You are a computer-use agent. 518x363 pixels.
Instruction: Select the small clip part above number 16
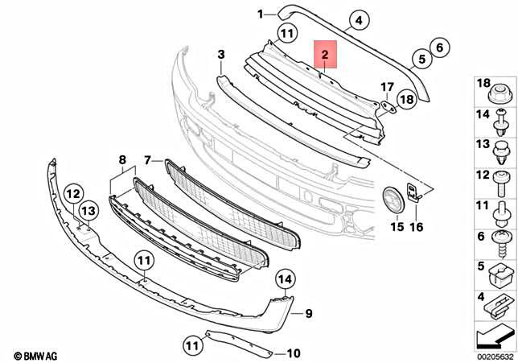click(413, 192)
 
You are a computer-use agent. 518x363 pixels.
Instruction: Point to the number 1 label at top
click(261, 14)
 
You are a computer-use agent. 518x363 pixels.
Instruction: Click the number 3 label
click(220, 54)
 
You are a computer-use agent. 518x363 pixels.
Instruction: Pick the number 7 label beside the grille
click(148, 160)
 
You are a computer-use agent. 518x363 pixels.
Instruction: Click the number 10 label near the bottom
click(294, 353)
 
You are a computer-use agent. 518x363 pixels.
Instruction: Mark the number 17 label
click(386, 86)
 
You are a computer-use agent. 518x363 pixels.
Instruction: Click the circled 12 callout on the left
click(73, 193)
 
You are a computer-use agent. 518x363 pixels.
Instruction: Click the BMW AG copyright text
click(36, 355)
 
